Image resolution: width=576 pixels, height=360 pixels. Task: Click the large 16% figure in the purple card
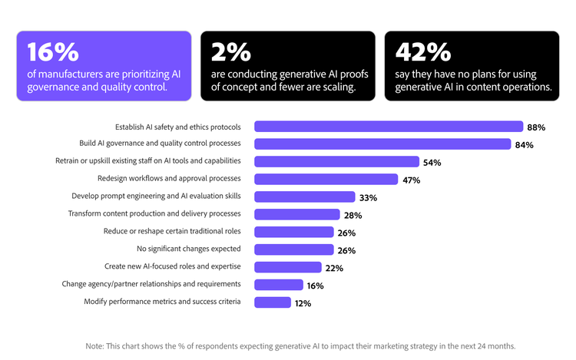53,51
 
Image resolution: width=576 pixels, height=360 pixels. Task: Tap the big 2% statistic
230,51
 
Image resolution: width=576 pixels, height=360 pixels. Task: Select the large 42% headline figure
422,51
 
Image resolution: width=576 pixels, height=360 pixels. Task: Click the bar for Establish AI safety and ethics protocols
388,127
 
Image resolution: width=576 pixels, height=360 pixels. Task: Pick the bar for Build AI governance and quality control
382,144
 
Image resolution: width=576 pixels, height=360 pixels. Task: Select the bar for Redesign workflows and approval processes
326,179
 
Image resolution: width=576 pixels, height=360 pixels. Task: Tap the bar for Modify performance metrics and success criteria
272,302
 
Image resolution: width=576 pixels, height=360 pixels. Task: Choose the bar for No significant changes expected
293,249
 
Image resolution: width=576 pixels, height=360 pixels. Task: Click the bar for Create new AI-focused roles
287,267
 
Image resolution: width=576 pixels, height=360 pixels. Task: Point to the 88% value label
535,127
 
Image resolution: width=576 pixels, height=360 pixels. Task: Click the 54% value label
432,163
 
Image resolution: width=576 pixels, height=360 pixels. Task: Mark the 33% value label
368,198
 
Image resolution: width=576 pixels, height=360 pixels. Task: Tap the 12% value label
303,303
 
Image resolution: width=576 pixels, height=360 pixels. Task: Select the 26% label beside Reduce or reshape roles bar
346,233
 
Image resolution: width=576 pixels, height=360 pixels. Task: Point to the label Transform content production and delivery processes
154,213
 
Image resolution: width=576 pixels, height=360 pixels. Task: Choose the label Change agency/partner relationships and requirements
151,284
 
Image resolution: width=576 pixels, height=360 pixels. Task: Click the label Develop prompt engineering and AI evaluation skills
156,196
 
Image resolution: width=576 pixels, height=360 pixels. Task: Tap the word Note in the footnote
94,345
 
